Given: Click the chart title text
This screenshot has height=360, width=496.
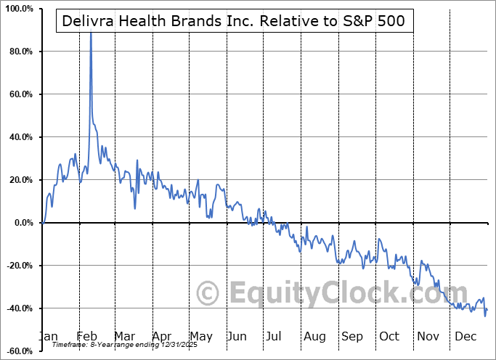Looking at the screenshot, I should (x=235, y=21).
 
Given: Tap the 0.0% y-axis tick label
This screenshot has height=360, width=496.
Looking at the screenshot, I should (x=22, y=223).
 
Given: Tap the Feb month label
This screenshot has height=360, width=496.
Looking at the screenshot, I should (x=86, y=336).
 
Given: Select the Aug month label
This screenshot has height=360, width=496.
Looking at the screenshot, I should (x=314, y=336).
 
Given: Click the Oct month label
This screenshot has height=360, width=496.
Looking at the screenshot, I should (x=389, y=336).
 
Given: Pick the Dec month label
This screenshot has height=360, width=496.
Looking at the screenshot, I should (x=465, y=336).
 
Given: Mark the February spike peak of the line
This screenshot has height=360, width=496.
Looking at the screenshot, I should (x=91, y=33).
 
